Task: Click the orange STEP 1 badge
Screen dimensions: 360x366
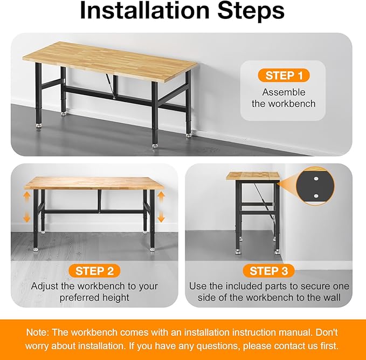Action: tap(284, 75)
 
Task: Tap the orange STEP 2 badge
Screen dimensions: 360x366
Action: tap(94, 270)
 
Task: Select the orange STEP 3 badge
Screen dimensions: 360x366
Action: tap(268, 270)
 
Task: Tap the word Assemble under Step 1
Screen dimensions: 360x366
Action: tap(284, 92)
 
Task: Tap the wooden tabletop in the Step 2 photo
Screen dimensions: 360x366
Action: tap(94, 182)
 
